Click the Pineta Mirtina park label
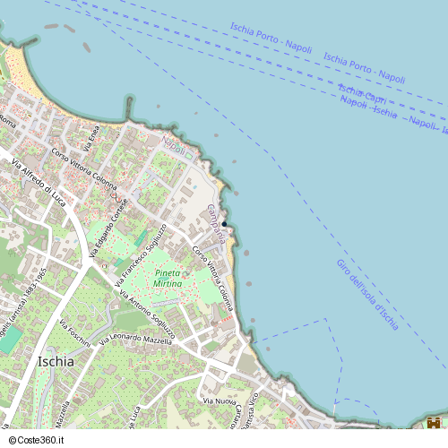point(168,278)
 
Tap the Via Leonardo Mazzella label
point(135,339)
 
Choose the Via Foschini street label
point(74,332)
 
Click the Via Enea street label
point(91,136)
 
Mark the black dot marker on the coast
point(225,223)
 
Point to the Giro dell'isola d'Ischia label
point(367,295)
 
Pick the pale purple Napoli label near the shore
point(173,145)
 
